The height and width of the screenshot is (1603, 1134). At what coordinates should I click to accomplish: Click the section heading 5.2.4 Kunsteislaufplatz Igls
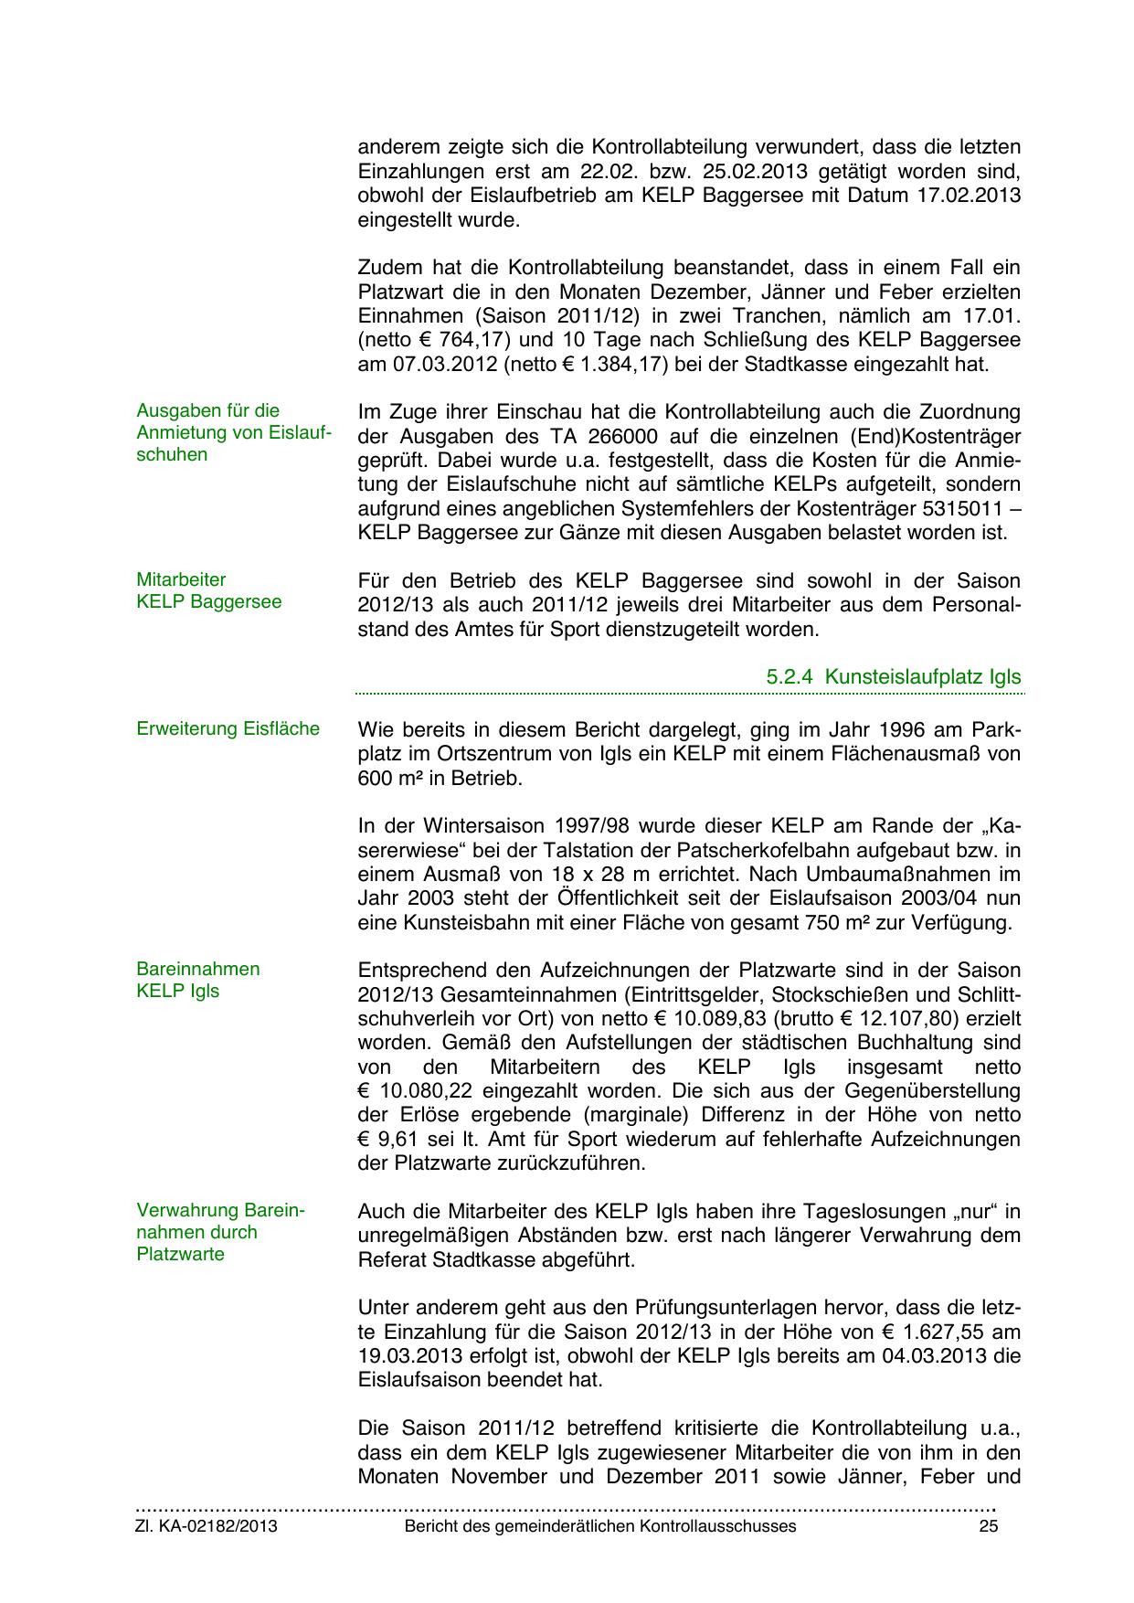pos(893,677)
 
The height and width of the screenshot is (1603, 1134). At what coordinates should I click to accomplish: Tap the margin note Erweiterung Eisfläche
pos(228,728)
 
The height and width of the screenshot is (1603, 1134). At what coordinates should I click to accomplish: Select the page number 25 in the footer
pos(988,1526)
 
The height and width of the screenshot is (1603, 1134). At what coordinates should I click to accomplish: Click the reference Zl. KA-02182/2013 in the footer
pos(207,1526)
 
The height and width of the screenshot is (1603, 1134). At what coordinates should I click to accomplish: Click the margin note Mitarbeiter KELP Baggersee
pos(209,590)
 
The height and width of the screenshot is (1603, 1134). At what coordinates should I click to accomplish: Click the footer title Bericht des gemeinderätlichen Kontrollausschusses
pos(600,1526)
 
